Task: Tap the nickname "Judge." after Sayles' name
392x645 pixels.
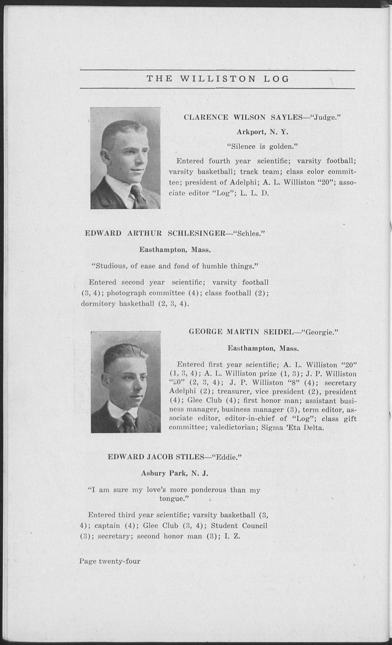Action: [325, 117]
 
